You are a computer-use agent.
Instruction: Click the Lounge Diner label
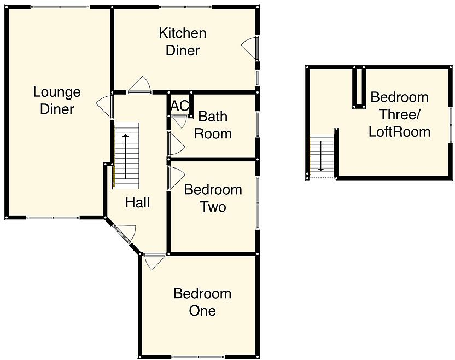tap(57, 100)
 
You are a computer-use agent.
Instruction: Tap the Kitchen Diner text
tap(182, 42)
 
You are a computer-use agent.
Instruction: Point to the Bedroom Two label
tap(213, 199)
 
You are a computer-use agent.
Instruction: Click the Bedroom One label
tap(202, 302)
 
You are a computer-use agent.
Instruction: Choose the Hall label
tap(137, 202)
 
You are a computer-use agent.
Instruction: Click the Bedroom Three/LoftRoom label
tap(399, 114)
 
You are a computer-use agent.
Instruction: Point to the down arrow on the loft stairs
tap(320, 156)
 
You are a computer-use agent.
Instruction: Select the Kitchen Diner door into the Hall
tap(139, 85)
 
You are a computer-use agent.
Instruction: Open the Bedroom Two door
tap(176, 178)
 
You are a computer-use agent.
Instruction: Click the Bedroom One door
tap(155, 261)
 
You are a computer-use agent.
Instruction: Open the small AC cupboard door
tap(179, 120)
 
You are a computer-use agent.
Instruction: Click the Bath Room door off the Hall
tap(176, 144)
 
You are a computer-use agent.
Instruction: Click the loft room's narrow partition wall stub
tap(358, 88)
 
